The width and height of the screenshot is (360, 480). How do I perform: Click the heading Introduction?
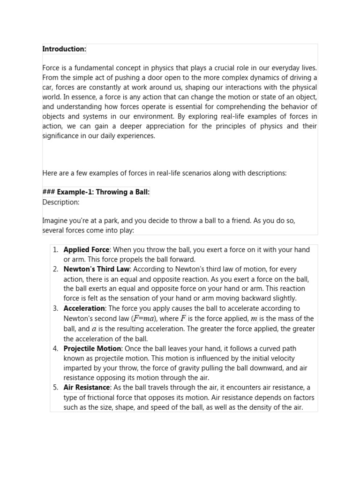tap(64, 49)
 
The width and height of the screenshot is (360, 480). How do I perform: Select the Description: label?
tap(61, 202)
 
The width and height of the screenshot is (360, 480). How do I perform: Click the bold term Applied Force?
tap(86, 250)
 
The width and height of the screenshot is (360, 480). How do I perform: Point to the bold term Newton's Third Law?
tap(97, 269)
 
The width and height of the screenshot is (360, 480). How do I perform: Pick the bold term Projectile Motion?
tap(92, 348)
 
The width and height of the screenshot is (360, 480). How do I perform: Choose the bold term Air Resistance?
tap(87, 387)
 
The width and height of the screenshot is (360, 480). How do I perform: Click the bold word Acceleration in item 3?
tap(84, 308)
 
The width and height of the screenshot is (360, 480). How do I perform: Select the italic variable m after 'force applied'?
tap(254, 319)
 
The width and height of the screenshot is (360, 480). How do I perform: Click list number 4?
tap(55, 348)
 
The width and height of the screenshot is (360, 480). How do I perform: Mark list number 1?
tap(55, 250)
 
